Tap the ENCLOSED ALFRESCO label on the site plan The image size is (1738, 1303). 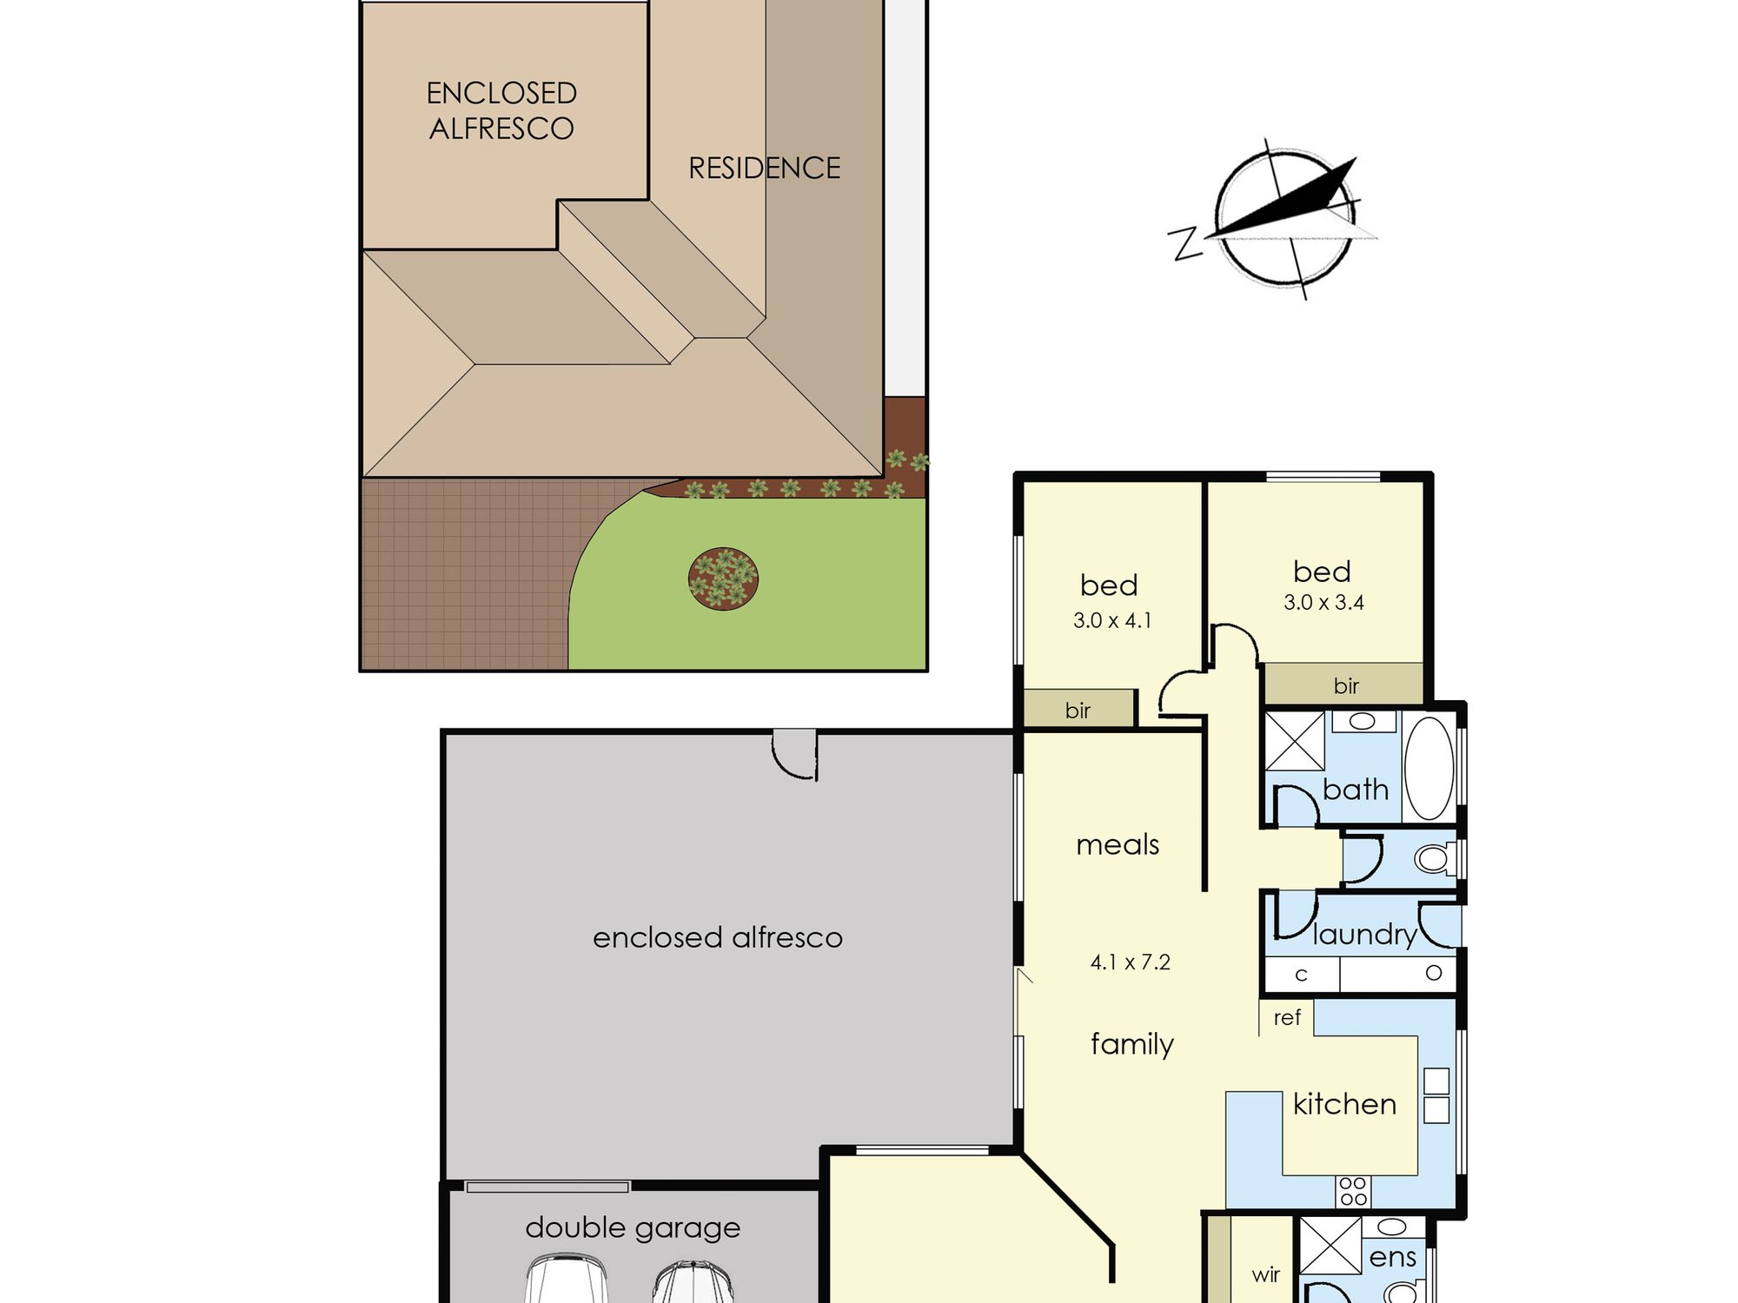coord(501,110)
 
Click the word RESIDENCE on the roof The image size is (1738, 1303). coord(765,168)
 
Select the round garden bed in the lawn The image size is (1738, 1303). coord(723,579)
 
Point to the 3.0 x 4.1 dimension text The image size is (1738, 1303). coord(1112,620)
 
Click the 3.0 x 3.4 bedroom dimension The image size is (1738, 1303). coord(1323,602)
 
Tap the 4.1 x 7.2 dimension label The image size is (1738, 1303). coord(1130,962)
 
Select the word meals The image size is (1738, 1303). coord(1118,844)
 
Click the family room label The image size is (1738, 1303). coord(1132,1043)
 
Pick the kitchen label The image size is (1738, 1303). coord(1344,1103)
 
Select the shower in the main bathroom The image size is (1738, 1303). coord(1295,741)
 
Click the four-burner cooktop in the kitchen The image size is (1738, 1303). coord(1353,1191)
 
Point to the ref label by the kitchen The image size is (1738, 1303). coord(1287,1017)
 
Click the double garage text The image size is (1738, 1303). coord(633,1228)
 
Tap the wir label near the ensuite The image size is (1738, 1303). coord(1265,1274)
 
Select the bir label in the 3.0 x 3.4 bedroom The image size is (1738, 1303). coord(1346,685)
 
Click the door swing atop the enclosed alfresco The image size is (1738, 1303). coord(795,754)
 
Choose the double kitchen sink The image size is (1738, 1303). coord(1436,1095)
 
